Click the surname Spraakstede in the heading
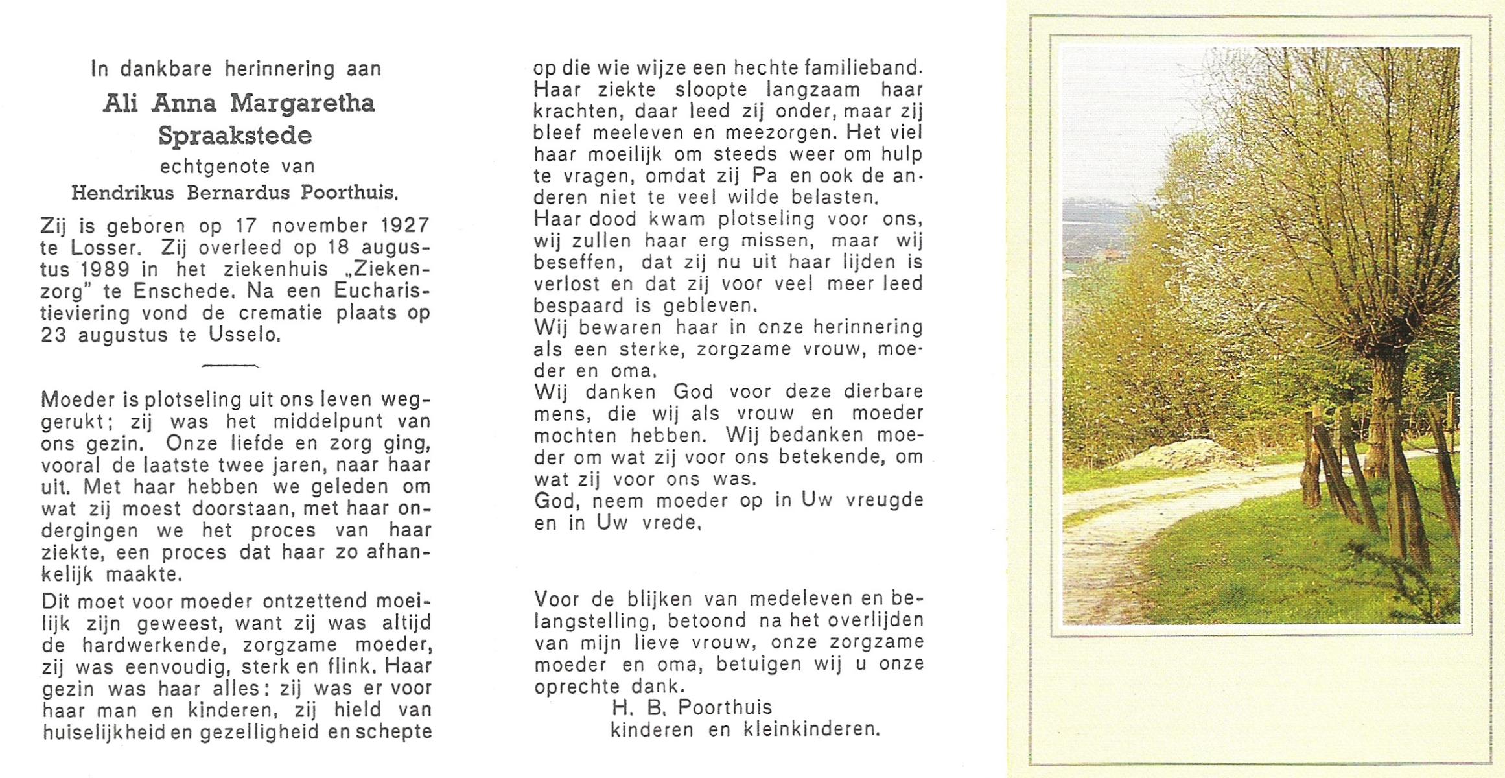[235, 136]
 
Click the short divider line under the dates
[230, 366]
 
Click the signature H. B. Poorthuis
[692, 707]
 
